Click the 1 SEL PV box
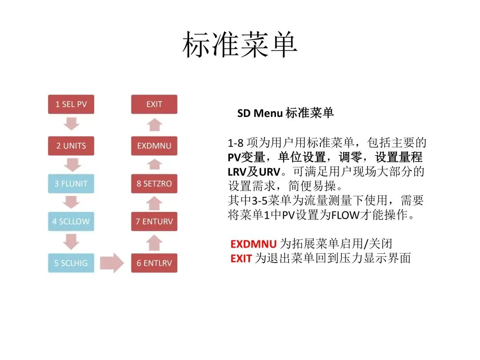pyautogui.click(x=71, y=104)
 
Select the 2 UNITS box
pyautogui.click(x=71, y=146)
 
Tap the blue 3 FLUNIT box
pyautogui.click(x=71, y=184)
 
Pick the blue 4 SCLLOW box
pyautogui.click(x=71, y=221)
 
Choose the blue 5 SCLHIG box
pyautogui.click(x=71, y=263)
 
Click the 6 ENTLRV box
pyautogui.click(x=154, y=263)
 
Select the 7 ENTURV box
pyautogui.click(x=154, y=221)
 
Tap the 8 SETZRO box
pyautogui.click(x=154, y=184)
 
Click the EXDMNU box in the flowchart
pyautogui.click(x=154, y=146)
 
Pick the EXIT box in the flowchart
pyautogui.click(x=154, y=104)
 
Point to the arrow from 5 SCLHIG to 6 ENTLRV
pyautogui.click(x=112, y=263)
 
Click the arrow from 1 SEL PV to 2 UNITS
pyautogui.click(x=71, y=124)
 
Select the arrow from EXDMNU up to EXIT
pyautogui.click(x=154, y=125)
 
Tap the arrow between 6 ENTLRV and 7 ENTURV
pyautogui.click(x=154, y=243)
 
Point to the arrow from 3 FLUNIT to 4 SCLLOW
pyautogui.click(x=71, y=203)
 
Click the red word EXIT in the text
pyautogui.click(x=241, y=258)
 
